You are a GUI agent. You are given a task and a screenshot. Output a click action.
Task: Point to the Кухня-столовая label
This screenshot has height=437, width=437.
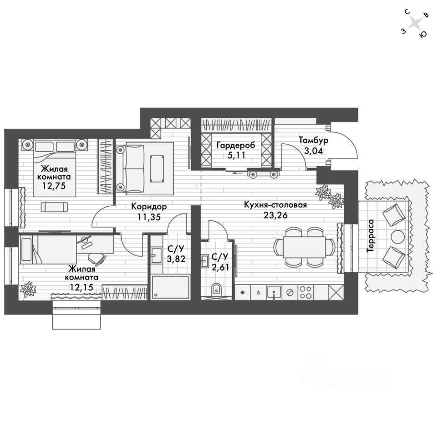281,205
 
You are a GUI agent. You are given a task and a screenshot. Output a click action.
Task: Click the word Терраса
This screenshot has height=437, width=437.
371,235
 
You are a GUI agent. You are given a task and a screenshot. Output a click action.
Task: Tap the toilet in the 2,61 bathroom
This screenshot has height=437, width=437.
217,288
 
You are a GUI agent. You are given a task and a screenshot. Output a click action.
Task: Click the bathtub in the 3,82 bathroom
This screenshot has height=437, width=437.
170,288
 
